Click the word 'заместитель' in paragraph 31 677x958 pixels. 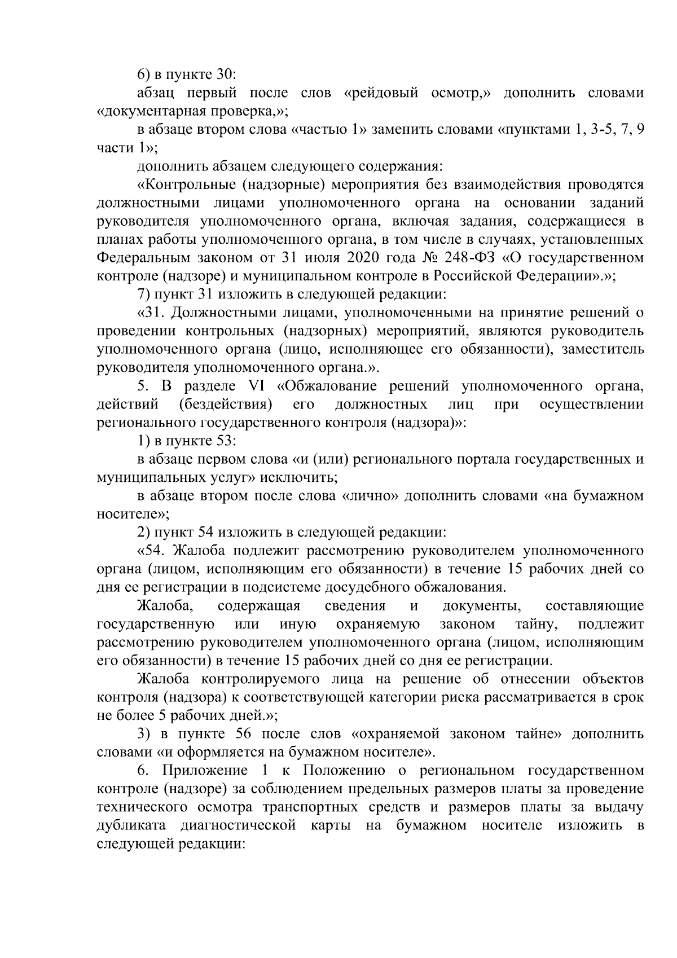click(x=604, y=349)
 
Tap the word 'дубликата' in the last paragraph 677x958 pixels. click(x=131, y=825)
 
